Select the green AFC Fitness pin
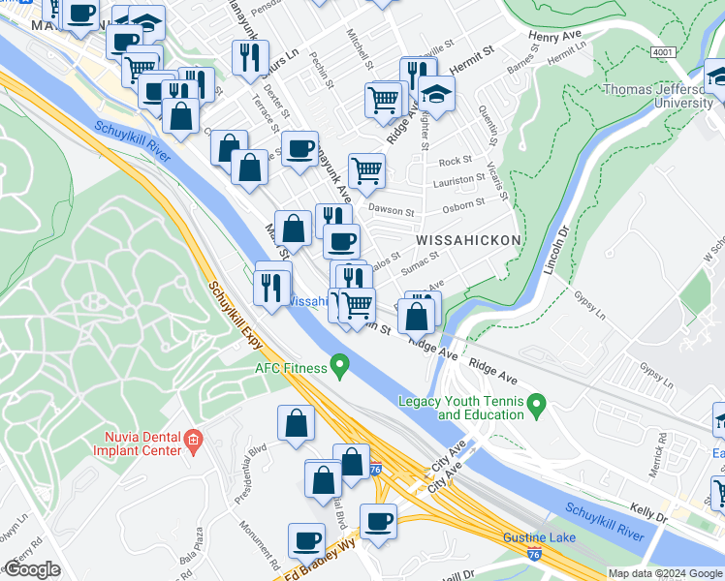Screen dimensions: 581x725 pos(339,366)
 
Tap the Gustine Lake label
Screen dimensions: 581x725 pos(539,537)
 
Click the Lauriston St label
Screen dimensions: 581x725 pos(459,180)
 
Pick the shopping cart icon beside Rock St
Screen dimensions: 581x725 pos(366,170)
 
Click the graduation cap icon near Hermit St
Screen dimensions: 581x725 pos(437,97)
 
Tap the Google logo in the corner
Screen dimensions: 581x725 pos(32,569)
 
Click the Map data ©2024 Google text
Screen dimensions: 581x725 pos(664,573)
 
